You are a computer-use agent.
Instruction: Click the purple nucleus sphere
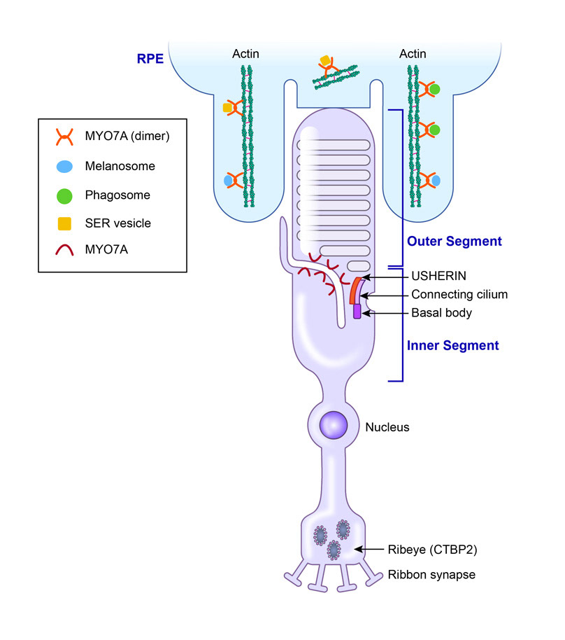(x=334, y=424)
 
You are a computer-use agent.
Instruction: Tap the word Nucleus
(x=387, y=426)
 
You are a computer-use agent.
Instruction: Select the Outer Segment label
(x=455, y=242)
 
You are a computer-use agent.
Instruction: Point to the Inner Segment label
(x=453, y=345)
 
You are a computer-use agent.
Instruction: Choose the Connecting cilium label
(x=459, y=295)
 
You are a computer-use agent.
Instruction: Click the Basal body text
(x=441, y=313)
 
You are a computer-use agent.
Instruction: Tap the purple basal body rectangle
(x=357, y=311)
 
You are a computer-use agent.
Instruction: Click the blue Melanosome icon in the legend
(x=64, y=167)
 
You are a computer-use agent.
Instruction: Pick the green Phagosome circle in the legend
(x=64, y=195)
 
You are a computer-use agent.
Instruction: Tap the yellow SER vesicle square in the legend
(x=64, y=223)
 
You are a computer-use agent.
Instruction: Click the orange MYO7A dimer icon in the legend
(x=64, y=136)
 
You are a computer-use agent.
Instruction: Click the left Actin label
(x=245, y=54)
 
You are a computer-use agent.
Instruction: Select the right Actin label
(x=413, y=54)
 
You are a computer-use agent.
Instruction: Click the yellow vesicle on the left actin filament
(x=227, y=108)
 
